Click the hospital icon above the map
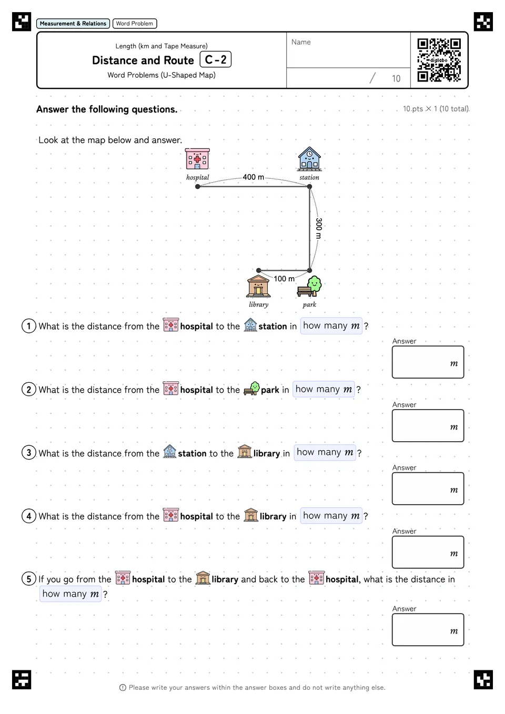[197, 159]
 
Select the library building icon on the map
[258, 286]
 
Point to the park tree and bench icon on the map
[309, 286]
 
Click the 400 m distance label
[254, 177]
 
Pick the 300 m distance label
[319, 228]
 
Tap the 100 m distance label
[284, 279]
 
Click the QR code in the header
[439, 60]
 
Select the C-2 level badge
[216, 59]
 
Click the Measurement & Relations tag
[73, 24]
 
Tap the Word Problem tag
[135, 24]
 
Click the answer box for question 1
[428, 362]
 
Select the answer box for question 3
[428, 488]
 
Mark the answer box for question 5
[428, 630]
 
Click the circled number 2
[29, 390]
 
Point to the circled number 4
[29, 516]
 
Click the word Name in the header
[301, 42]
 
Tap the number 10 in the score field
[396, 78]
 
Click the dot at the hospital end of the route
[198, 187]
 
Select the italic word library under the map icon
[259, 304]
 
